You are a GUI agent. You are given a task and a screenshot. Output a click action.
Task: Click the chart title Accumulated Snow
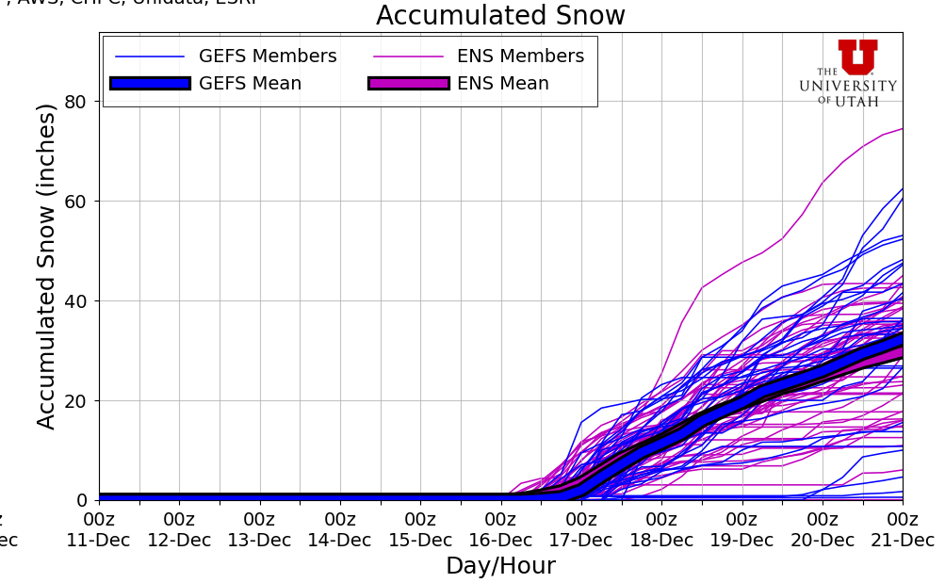(x=500, y=16)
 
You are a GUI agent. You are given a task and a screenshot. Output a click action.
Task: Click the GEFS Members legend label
(x=268, y=57)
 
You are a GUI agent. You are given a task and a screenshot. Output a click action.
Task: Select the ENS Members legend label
(x=520, y=57)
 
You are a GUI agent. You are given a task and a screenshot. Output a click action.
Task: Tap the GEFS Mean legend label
(x=250, y=84)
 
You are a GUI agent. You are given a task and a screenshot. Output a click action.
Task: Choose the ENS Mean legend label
(x=502, y=84)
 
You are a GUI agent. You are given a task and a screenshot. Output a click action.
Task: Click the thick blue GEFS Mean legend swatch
(x=150, y=84)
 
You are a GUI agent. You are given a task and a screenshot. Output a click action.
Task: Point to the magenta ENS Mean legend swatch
(x=408, y=84)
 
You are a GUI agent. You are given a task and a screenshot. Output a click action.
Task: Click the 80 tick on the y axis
(x=75, y=102)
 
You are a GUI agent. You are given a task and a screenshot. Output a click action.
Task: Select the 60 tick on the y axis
(x=75, y=202)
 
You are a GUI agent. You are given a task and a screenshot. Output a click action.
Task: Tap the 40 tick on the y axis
(x=75, y=301)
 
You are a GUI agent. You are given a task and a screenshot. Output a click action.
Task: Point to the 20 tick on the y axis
(x=75, y=401)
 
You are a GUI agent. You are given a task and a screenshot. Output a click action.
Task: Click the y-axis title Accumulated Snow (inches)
(x=47, y=266)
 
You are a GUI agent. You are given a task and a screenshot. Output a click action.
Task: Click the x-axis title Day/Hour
(x=500, y=566)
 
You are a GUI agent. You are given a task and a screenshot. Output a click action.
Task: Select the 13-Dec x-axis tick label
(x=259, y=541)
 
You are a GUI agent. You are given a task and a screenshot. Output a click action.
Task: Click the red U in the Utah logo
(x=857, y=57)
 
